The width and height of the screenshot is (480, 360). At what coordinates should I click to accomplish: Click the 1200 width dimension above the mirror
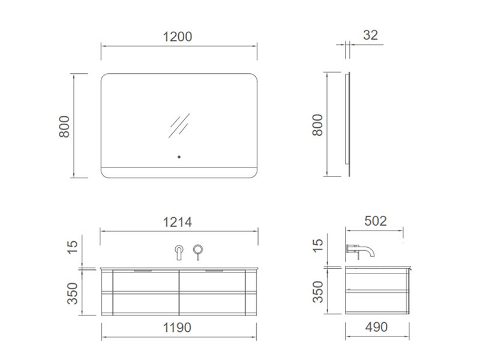point(178,37)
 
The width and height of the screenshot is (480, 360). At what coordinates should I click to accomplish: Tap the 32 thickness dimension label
point(370,35)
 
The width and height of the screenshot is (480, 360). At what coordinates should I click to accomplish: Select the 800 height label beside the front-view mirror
point(64,127)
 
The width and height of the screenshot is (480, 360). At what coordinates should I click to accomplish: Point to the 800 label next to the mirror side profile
point(317,125)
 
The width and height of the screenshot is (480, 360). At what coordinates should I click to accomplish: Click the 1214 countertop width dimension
point(177,222)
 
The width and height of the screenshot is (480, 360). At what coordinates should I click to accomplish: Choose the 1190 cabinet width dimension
point(177,328)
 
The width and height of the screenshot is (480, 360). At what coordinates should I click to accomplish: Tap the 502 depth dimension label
point(376,221)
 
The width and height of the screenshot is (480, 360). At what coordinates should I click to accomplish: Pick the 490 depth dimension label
point(377,327)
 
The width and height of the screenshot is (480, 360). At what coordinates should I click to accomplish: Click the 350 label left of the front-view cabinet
point(73,293)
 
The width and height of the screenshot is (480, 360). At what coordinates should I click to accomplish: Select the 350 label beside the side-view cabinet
point(318,292)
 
